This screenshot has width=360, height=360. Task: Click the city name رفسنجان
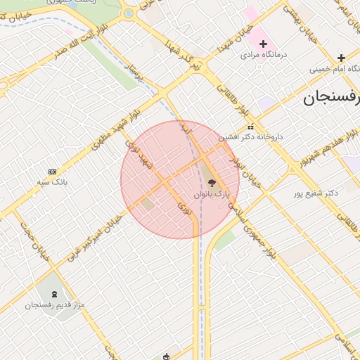(x=331, y=97)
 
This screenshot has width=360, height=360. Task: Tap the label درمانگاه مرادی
(x=261, y=54)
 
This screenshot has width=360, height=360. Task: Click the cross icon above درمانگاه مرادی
(x=263, y=44)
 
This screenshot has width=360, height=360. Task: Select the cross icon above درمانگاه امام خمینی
(x=341, y=58)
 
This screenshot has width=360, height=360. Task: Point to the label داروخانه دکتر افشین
(x=250, y=136)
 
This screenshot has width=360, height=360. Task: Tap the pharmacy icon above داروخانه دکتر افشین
(x=251, y=127)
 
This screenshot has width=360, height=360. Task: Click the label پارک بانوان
(x=212, y=193)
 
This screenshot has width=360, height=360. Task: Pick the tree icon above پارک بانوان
(x=212, y=183)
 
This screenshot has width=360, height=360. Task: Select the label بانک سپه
(x=52, y=181)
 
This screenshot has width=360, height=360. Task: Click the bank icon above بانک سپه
(x=52, y=172)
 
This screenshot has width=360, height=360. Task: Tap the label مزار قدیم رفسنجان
(x=55, y=304)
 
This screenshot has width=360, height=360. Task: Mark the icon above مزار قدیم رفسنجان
(x=56, y=293)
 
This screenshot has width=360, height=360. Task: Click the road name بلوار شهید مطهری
(x=116, y=128)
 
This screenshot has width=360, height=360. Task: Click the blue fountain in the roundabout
(x=128, y=13)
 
